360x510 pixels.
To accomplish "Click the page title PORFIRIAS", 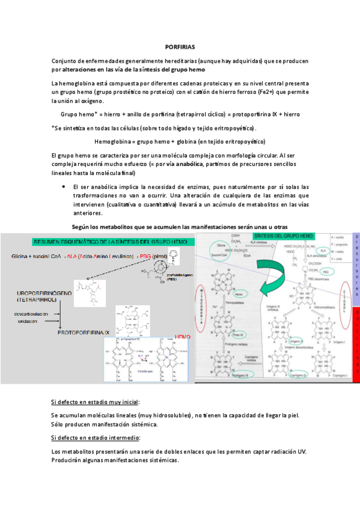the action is [180, 46].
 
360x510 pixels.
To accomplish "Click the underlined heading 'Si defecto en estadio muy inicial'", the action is [99, 401].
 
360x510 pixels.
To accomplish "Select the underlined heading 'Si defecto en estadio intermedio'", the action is [96, 438].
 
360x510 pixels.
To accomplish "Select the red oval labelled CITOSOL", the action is [347, 296].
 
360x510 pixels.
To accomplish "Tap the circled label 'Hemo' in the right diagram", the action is [241, 295].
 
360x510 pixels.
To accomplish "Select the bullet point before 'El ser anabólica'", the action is [63, 186].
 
